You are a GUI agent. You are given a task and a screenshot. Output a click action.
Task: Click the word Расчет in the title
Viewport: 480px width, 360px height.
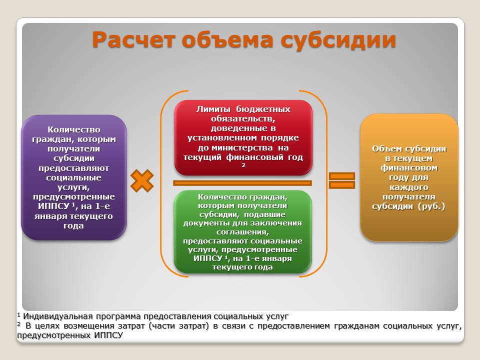134,40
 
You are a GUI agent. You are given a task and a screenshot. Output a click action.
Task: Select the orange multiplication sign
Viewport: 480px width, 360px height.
142,181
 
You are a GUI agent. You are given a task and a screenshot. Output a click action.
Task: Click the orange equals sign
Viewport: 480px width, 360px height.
342,180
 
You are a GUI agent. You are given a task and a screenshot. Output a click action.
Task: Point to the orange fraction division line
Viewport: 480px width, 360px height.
242,183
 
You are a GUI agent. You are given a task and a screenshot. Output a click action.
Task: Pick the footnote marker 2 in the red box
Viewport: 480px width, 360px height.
243,165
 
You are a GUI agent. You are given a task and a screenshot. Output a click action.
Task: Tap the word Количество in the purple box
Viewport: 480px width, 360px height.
74,130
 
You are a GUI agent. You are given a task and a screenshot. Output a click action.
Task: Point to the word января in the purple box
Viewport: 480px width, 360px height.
52,216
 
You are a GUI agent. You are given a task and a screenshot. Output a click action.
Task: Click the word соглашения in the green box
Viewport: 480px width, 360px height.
242,232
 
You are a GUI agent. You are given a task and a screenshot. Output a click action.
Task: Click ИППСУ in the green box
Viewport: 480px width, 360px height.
208,258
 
